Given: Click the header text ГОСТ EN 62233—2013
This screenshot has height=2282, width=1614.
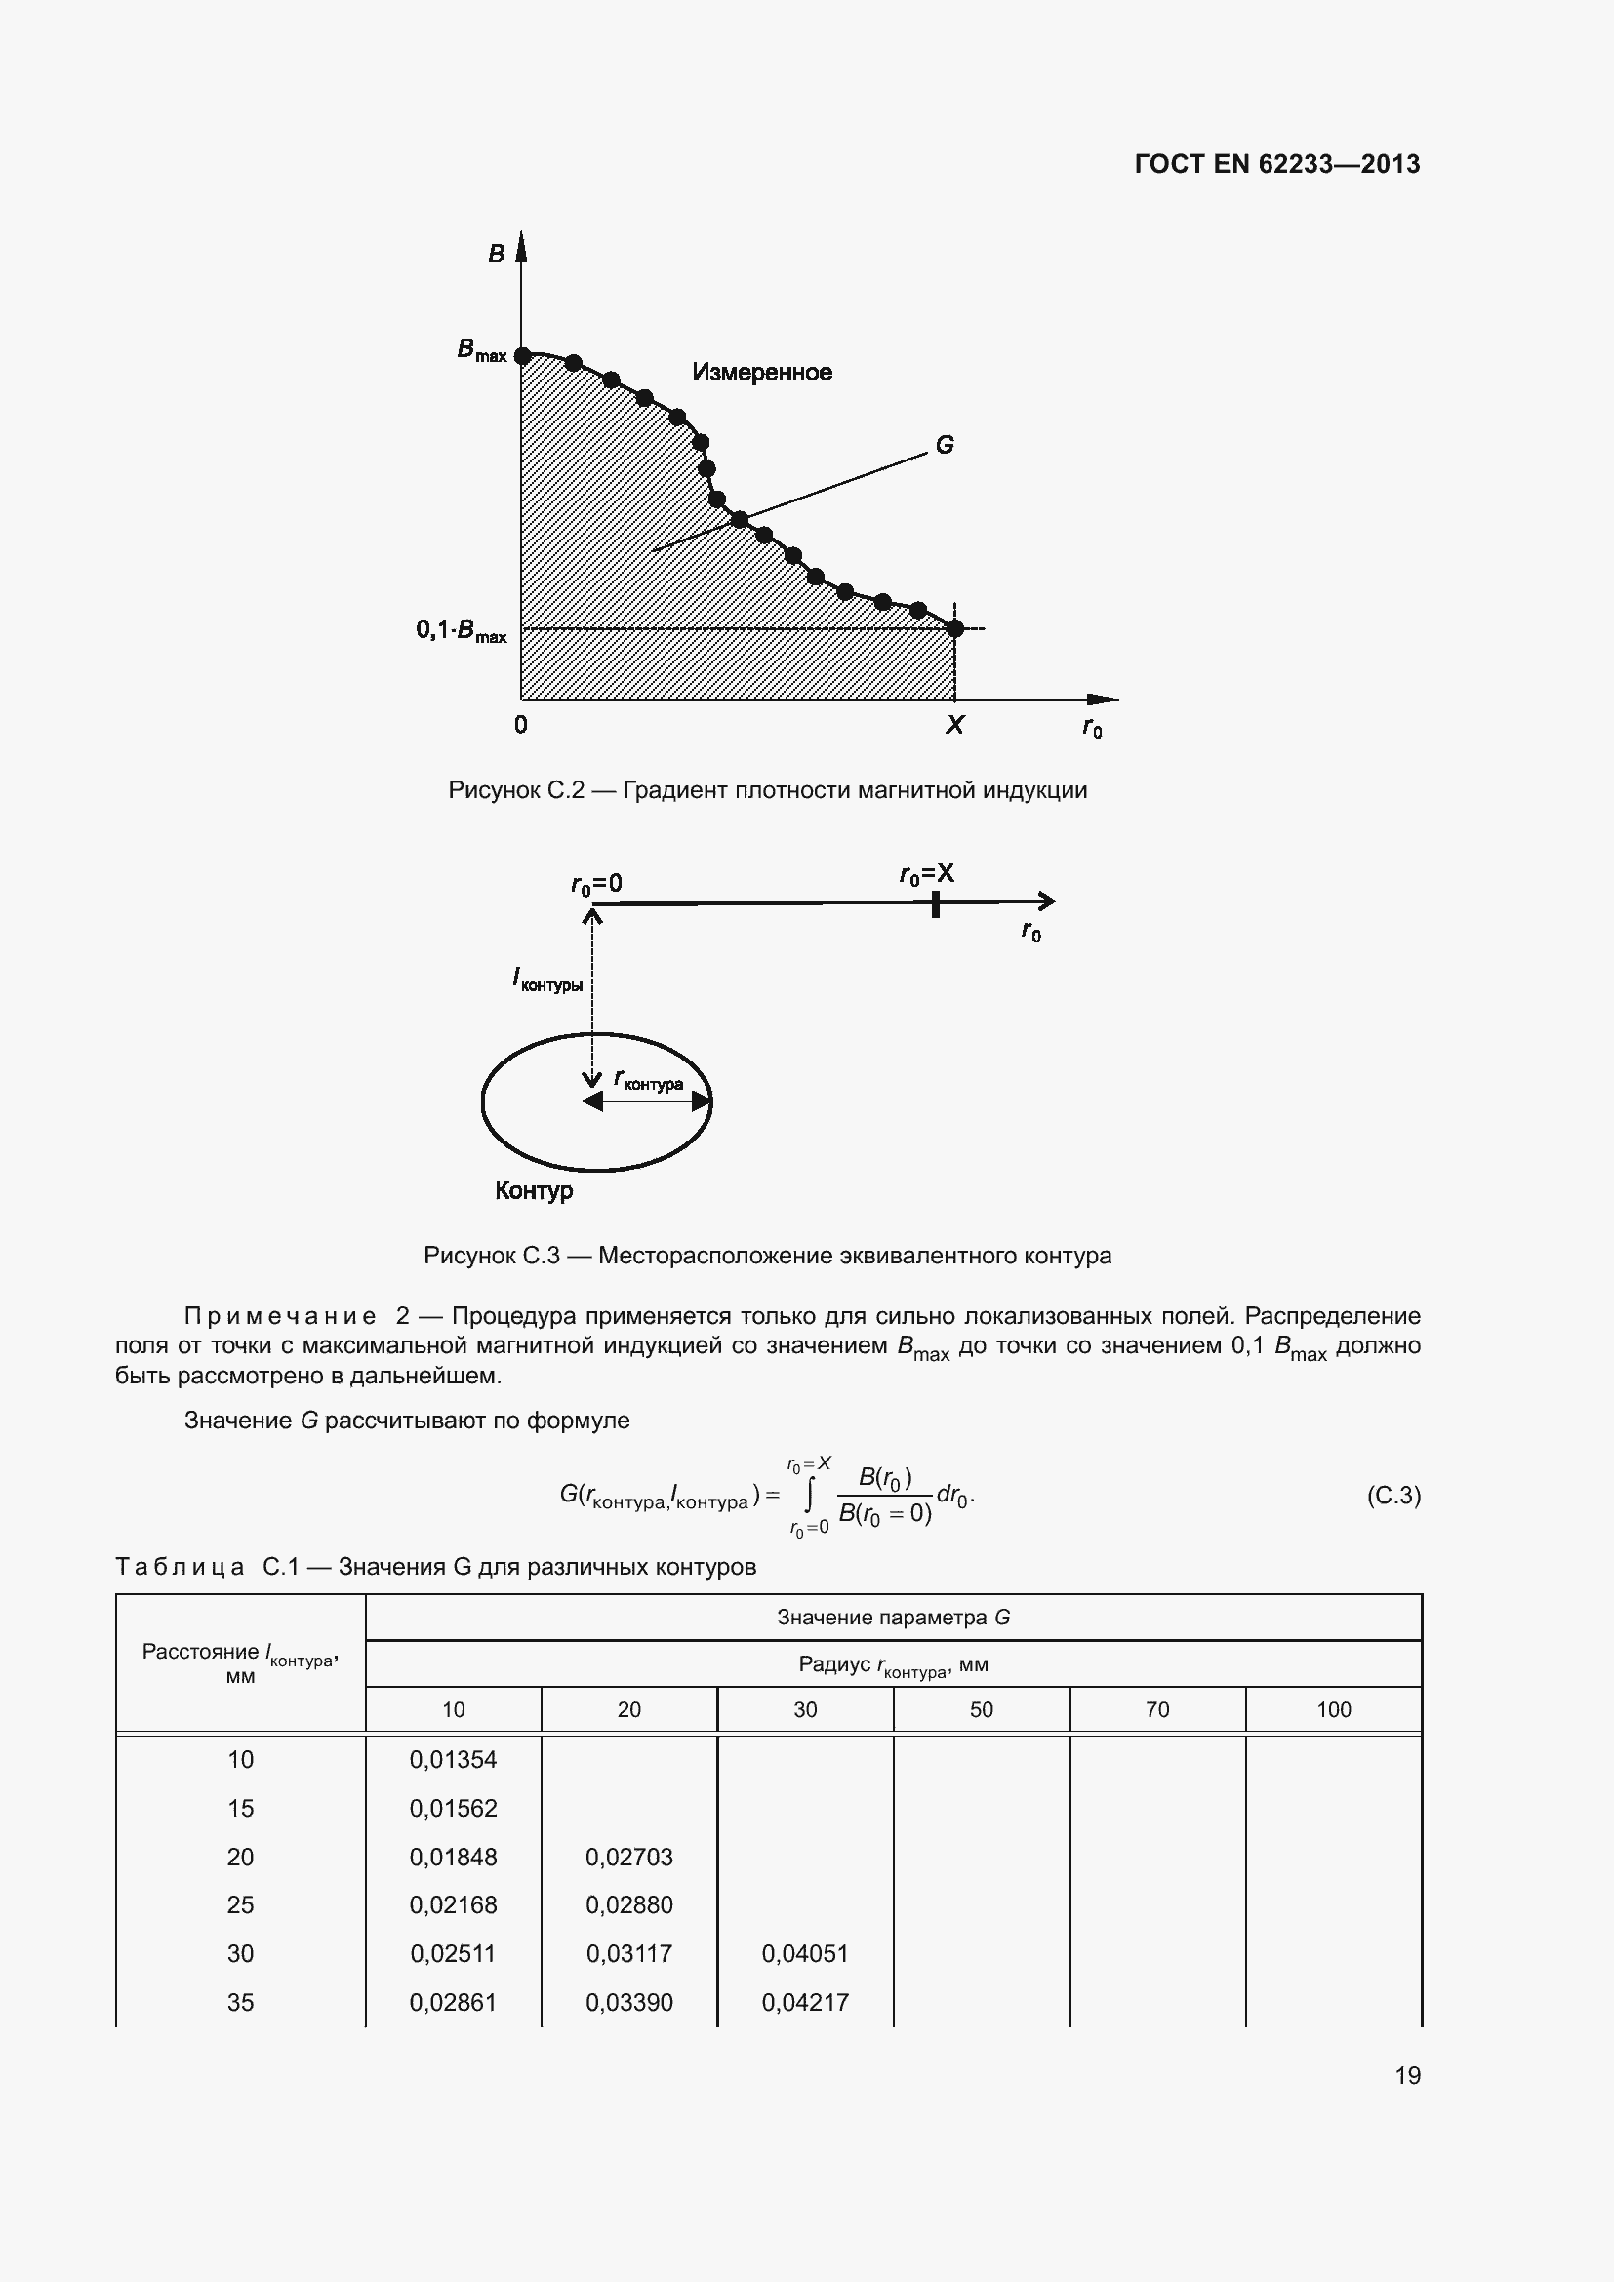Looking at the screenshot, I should click(x=1276, y=164).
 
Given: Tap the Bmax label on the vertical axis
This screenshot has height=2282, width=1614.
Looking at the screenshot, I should click(x=482, y=351).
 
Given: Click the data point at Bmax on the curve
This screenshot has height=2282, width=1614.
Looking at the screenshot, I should click(x=522, y=354).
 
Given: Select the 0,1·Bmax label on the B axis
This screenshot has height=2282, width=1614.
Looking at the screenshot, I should click(x=462, y=631).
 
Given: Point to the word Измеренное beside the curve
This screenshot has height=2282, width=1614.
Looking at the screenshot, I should click(x=761, y=373).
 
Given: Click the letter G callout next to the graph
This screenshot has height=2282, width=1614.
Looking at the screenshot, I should click(x=945, y=445).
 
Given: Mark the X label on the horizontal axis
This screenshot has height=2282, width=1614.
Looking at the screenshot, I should click(x=954, y=725).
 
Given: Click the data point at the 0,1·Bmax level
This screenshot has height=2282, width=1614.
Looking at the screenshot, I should click(x=954, y=628).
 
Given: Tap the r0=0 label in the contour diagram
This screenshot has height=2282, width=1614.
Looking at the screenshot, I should click(x=596, y=884).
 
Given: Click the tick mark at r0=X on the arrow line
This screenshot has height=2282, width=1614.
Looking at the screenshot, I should click(x=935, y=903).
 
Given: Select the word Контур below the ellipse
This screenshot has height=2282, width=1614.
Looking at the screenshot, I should click(x=534, y=1190).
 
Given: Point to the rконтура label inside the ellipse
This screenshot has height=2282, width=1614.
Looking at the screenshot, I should click(x=649, y=1080).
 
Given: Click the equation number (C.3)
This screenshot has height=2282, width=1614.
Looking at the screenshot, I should click(x=1393, y=1495).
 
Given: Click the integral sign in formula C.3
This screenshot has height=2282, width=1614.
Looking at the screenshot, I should click(x=810, y=1493).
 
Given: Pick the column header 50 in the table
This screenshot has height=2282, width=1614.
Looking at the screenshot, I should click(x=981, y=1709).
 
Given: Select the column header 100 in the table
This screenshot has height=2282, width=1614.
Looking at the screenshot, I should click(x=1333, y=1709).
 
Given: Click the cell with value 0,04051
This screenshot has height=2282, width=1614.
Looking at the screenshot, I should click(x=805, y=1954).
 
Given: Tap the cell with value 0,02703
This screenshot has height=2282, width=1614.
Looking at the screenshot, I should click(x=629, y=1857).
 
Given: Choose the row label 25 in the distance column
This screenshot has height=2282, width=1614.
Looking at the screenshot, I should click(x=240, y=1905).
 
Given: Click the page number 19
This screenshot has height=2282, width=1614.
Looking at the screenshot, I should click(x=1407, y=2075).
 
